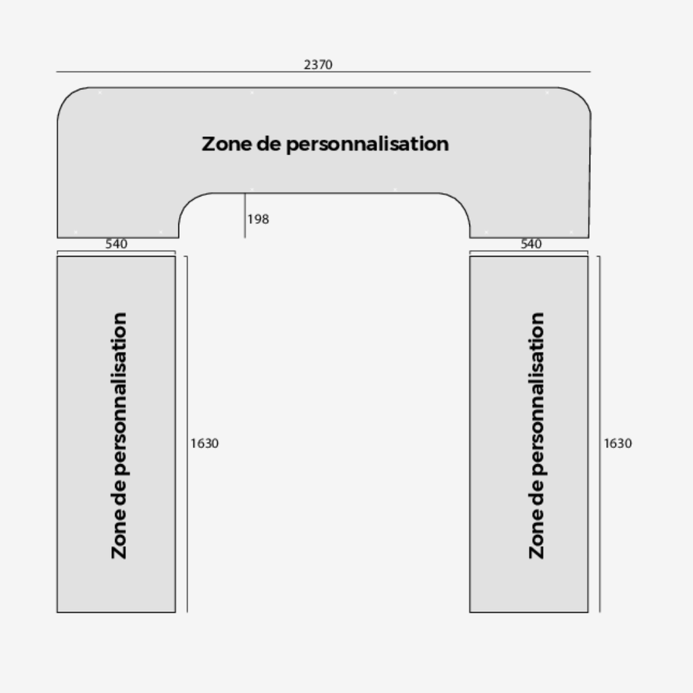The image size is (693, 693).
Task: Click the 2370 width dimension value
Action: pyautogui.click(x=318, y=65)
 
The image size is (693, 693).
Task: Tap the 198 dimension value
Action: pyautogui.click(x=258, y=219)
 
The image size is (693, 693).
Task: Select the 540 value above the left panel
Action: pyautogui.click(x=116, y=244)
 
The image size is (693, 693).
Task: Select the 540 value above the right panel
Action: pyautogui.click(x=531, y=244)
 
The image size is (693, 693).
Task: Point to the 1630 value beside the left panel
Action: pyautogui.click(x=204, y=443)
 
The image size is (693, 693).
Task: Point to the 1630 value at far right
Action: pyautogui.click(x=618, y=443)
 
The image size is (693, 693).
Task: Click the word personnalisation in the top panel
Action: pyautogui.click(x=367, y=144)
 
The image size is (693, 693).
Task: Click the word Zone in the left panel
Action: pyautogui.click(x=119, y=539)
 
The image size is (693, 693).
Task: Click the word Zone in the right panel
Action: pyautogui.click(x=537, y=539)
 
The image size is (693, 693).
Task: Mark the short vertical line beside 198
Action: pyautogui.click(x=245, y=215)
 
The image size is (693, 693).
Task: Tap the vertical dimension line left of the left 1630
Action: pyautogui.click(x=187, y=434)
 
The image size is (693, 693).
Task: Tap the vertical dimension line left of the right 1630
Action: pyautogui.click(x=600, y=434)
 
